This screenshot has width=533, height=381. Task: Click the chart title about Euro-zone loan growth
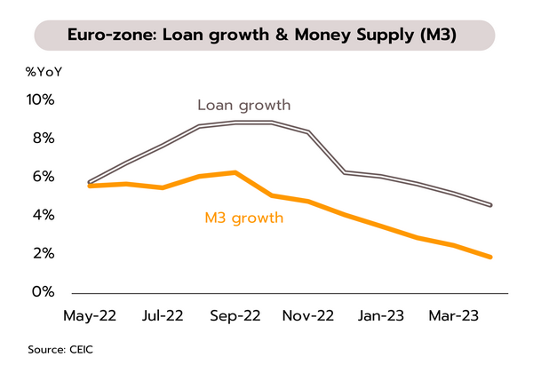coord(264,36)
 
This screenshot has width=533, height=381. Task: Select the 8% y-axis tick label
coord(42,139)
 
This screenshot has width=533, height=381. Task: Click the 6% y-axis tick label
coord(42,177)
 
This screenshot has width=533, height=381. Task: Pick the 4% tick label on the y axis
coord(42,215)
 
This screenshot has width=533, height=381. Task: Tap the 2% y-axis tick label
coord(42,254)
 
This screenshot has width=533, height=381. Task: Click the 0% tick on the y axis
coord(42,292)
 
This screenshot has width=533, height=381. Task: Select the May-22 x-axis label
coord(91,315)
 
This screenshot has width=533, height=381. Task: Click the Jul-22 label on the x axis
coord(163,315)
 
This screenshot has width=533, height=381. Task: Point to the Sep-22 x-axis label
coord(234,315)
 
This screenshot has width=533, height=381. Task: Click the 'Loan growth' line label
coord(244,106)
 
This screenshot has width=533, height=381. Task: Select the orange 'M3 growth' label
coord(243,217)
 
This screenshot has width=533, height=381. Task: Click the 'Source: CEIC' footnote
coord(60,350)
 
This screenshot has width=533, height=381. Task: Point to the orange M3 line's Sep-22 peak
coord(235,172)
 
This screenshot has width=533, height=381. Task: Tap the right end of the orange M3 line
coord(490,257)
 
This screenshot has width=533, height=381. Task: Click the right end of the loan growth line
coord(490,205)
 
